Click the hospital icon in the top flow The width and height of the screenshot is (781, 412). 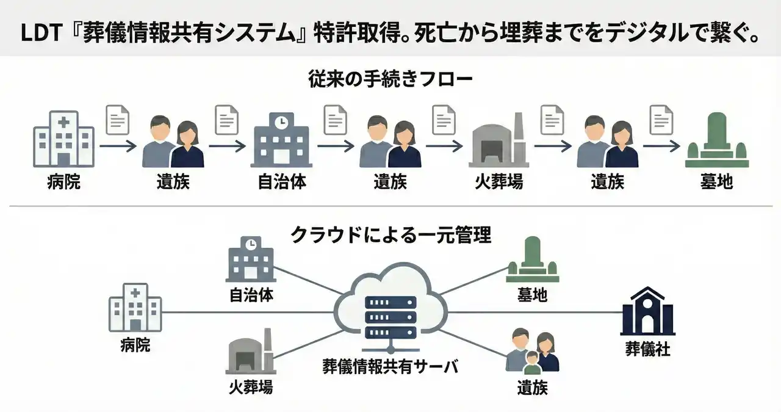coord(63,139)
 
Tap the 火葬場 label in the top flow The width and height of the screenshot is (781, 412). coord(499,182)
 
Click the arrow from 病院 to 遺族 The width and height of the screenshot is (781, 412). coord(118,146)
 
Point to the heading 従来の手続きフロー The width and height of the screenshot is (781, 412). coord(390,79)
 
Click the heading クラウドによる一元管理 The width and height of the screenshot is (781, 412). coord(390,234)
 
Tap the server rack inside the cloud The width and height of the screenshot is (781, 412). coord(390,318)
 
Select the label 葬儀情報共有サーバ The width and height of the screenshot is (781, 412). coord(390,366)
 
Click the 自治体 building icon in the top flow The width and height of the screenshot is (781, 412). coord(281,140)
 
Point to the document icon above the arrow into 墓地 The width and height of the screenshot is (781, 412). coord(661,120)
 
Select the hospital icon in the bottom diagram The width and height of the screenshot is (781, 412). coord(135,308)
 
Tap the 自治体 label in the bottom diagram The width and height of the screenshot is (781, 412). coord(251,295)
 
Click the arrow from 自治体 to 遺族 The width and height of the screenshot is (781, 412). coord(336,146)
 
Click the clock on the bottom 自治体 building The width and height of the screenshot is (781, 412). coord(250,244)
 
